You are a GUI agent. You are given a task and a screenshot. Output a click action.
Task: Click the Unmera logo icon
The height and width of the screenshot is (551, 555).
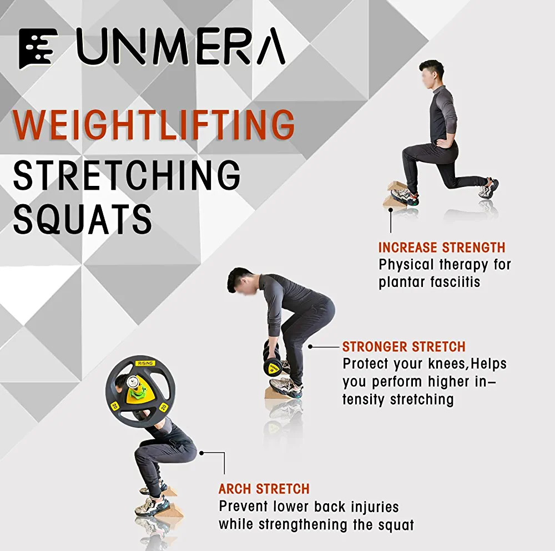pos(38,48)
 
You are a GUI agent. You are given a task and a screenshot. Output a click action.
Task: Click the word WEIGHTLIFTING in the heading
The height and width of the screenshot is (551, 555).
pos(154,125)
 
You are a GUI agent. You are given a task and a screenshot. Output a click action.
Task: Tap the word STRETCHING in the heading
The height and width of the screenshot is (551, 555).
pos(127,175)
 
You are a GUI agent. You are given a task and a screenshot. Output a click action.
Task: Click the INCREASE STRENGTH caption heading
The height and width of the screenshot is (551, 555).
pos(442,247)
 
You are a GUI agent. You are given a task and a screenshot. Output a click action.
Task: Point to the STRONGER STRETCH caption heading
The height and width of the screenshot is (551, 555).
pos(404,347)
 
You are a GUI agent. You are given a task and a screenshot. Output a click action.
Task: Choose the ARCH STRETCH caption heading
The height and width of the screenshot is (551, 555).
pos(264,489)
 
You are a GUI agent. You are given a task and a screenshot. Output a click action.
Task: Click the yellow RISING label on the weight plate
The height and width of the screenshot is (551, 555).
pos(145,363)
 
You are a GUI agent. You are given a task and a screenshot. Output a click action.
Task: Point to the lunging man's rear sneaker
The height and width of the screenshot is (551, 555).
pos(489,188)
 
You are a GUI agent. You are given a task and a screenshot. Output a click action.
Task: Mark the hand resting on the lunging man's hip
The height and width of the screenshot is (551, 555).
pos(442,142)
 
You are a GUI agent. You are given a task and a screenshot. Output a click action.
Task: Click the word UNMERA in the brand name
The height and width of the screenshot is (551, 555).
pos(181,47)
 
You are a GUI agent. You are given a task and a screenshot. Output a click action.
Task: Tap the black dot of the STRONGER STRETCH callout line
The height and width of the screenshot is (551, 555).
pos(310,347)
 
